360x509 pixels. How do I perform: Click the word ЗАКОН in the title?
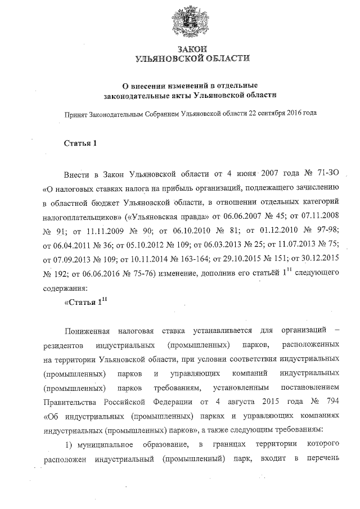click(x=192, y=49)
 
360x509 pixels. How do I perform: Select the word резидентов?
click(x=62, y=345)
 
